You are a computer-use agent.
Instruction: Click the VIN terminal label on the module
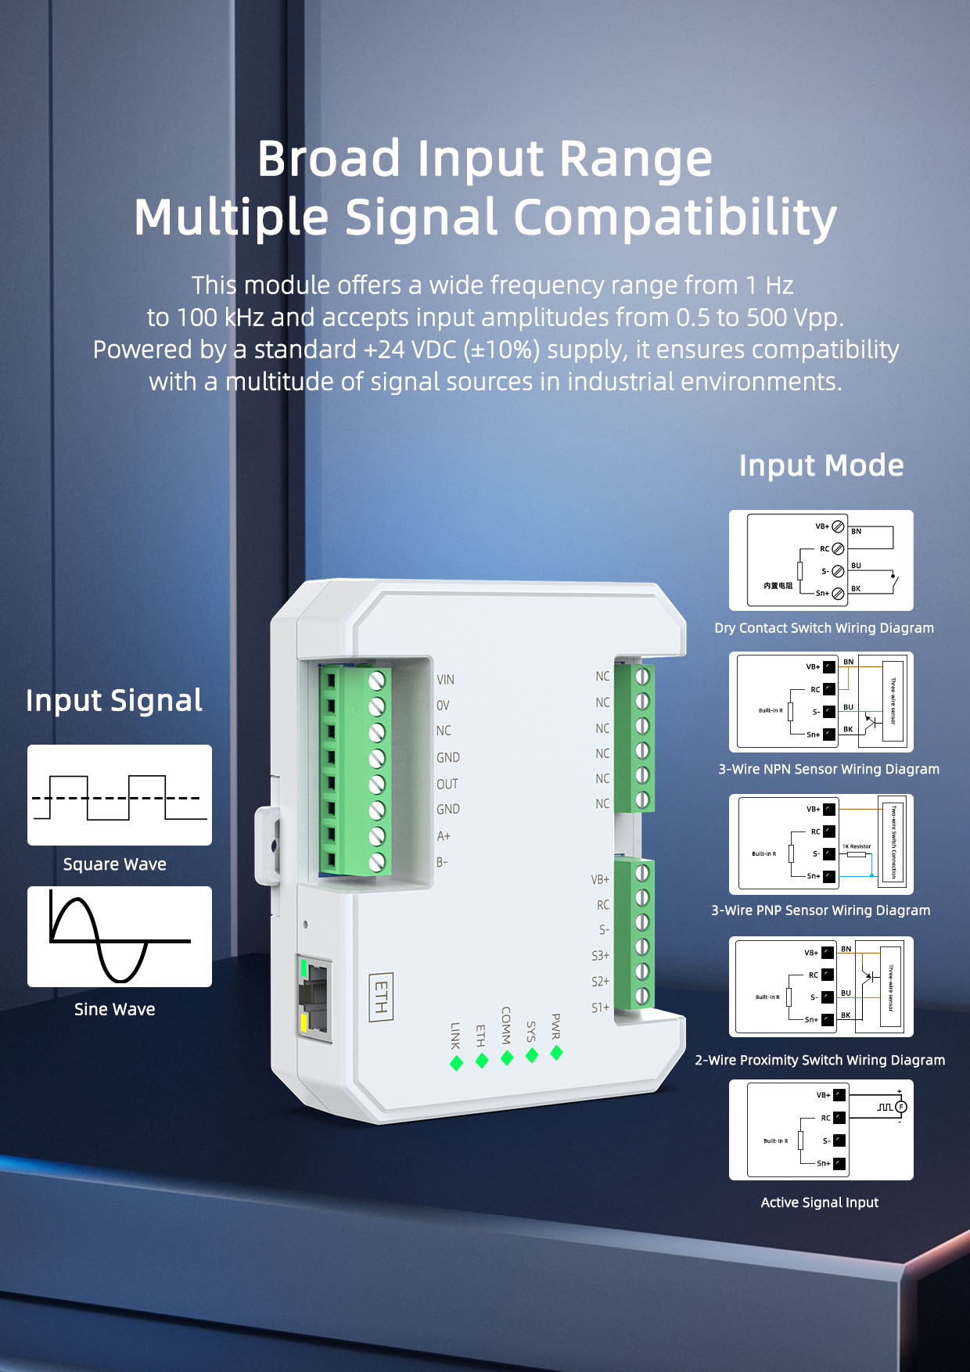(x=445, y=680)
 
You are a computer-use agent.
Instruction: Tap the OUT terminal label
(x=447, y=784)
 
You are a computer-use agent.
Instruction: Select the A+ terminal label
(x=444, y=836)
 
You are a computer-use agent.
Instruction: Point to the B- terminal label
(x=442, y=862)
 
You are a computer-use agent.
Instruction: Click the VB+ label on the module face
(x=600, y=879)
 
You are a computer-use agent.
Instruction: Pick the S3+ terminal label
(x=600, y=956)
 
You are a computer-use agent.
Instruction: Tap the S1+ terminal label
(x=600, y=1007)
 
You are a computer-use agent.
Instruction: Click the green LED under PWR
(x=556, y=1053)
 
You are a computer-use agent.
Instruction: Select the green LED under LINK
(x=456, y=1063)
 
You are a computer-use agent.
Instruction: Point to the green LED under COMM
(x=507, y=1058)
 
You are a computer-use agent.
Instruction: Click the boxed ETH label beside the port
(x=381, y=997)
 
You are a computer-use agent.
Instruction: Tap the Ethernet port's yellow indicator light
(x=304, y=1022)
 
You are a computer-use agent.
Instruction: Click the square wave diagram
(x=120, y=795)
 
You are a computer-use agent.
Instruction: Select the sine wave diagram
(x=120, y=936)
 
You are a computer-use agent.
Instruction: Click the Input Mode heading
(x=821, y=465)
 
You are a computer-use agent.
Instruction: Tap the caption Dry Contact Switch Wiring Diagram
(x=824, y=628)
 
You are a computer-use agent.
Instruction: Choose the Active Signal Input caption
(x=820, y=1202)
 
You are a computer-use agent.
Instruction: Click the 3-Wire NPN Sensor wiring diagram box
(x=821, y=702)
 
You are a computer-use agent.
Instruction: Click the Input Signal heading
(x=114, y=700)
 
